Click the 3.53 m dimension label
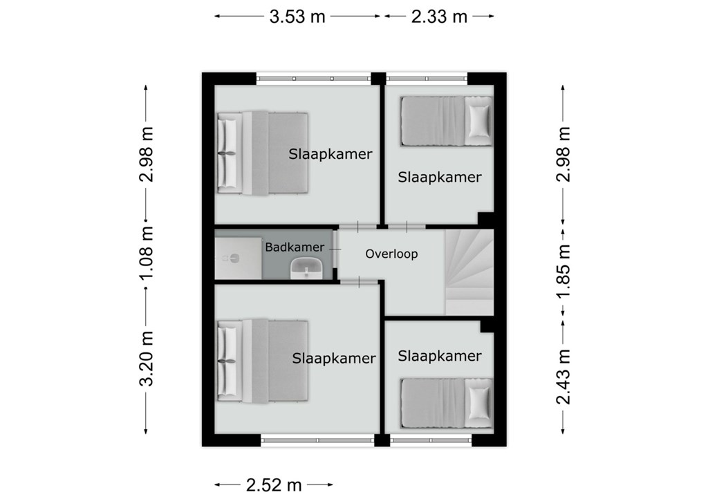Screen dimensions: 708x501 297,17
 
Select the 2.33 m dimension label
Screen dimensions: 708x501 439,17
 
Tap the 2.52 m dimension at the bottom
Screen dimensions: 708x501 274,485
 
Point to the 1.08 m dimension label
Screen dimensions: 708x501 147,253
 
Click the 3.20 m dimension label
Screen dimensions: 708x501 147,359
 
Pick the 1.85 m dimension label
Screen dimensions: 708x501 563,272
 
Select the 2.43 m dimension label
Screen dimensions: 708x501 563,377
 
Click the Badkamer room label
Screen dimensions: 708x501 295,247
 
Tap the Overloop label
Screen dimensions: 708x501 391,254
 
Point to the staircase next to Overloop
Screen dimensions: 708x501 469,272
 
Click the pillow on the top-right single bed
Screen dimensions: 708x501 478,121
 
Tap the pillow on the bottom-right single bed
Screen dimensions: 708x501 478,403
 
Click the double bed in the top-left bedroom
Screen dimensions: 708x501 262,153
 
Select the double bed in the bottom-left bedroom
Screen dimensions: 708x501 262,361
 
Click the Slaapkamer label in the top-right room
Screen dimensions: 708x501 439,178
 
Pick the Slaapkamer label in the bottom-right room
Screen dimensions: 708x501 439,356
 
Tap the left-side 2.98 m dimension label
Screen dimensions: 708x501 147,154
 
